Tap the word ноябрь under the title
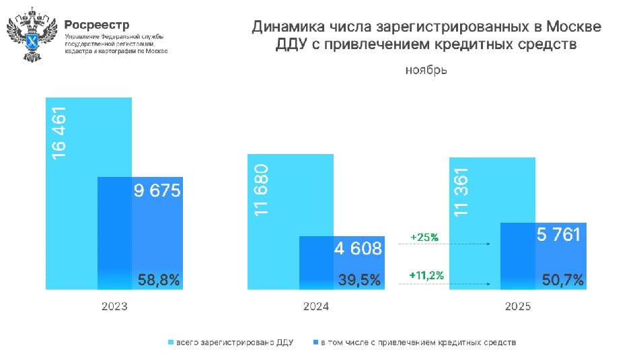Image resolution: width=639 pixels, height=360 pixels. (426, 70)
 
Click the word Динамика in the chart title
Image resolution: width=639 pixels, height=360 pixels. (289, 28)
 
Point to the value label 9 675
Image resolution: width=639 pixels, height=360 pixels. (157, 192)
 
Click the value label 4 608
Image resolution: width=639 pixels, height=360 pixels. (358, 250)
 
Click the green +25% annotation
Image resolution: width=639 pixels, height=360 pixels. (424, 238)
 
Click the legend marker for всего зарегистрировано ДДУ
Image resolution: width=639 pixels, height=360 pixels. (170, 343)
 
